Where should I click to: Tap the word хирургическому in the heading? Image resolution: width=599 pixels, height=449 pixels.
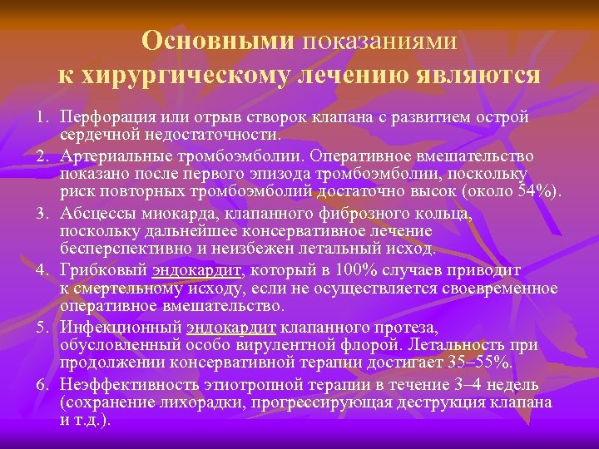pos(181,76)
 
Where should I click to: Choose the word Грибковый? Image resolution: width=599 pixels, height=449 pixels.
pos(101,270)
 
